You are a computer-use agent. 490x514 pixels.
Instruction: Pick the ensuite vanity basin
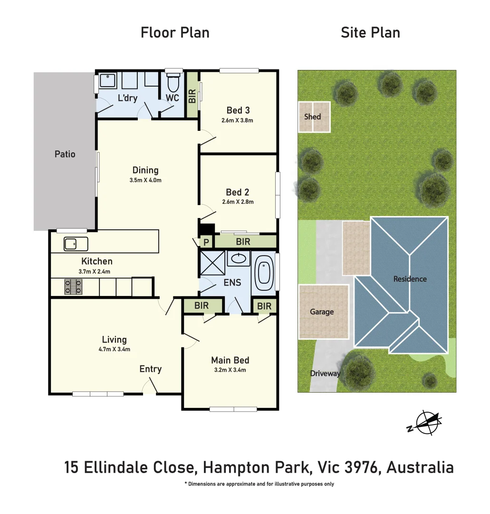pos(238,259)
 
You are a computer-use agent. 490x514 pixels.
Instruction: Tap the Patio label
pos(65,154)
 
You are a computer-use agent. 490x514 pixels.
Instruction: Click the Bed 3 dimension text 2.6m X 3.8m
pos(237,120)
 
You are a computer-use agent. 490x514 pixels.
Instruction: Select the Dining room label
pos(145,170)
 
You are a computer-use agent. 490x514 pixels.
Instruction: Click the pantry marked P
pos(206,242)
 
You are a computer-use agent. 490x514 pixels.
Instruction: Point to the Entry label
pos(150,369)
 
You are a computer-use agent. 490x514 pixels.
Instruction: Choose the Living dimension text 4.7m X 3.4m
pos(114,349)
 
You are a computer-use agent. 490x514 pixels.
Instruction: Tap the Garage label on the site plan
pos(322,312)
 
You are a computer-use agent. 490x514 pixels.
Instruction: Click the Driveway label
pos(326,373)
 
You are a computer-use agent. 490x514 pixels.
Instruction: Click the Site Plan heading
pos(370,33)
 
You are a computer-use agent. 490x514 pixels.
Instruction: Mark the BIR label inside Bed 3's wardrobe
pos(192,97)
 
